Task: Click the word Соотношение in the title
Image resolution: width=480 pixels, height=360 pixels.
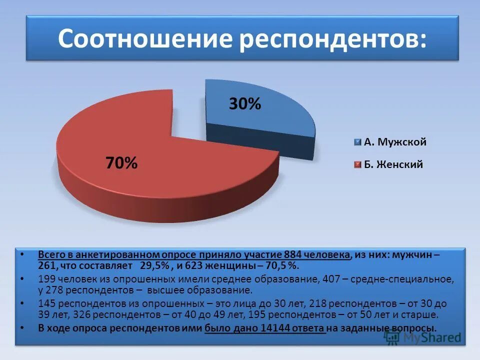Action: pos(145,39)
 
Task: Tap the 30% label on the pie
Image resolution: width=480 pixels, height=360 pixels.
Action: pos(245,104)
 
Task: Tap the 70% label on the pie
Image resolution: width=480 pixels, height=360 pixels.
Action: pos(121,162)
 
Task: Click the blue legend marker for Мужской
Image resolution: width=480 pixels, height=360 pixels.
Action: pos(357,142)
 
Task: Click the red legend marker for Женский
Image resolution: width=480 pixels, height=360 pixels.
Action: pos(357,164)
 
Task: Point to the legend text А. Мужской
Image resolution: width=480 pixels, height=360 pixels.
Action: pos(395,142)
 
